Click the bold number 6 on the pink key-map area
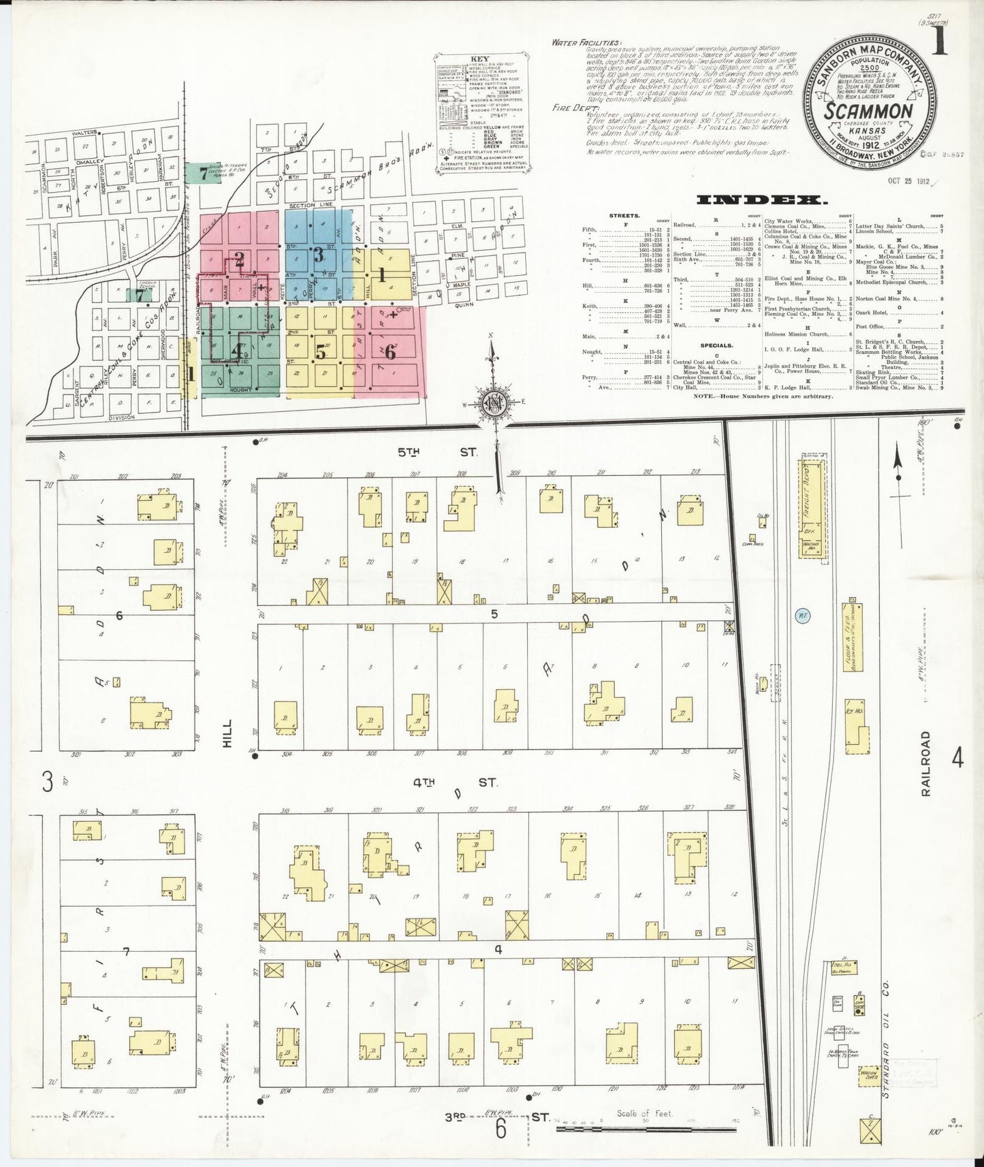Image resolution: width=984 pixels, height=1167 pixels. (x=390, y=352)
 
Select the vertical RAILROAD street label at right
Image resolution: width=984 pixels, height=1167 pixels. (x=925, y=764)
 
